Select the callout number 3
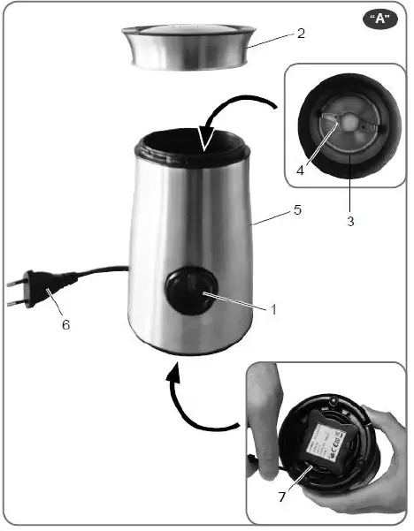350,222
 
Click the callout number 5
300,212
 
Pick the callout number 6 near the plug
64,323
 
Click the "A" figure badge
380,20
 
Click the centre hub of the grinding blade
347,120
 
